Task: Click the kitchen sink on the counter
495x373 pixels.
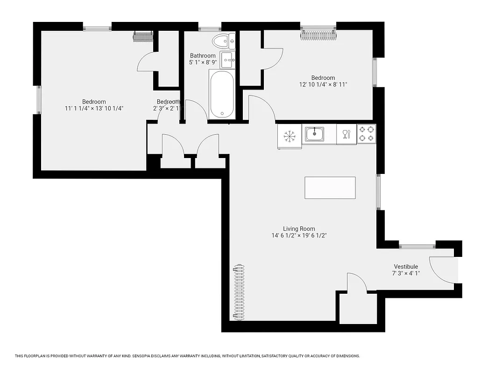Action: [x=315, y=134]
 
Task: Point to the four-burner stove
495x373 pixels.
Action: [x=367, y=134]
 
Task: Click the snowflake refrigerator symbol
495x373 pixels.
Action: [x=290, y=136]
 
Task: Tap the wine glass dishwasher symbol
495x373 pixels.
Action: [x=346, y=134]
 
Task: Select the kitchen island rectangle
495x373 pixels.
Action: [x=330, y=188]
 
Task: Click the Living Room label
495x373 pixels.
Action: [x=299, y=228]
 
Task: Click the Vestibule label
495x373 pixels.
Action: [x=405, y=267]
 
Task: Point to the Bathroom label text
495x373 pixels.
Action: [x=203, y=55]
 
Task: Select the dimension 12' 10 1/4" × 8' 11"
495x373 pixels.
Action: [x=323, y=85]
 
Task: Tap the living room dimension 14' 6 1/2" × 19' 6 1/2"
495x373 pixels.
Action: [x=299, y=236]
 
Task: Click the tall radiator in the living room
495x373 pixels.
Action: [x=238, y=292]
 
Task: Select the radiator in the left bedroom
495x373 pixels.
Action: [x=143, y=36]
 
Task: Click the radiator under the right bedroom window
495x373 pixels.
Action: [x=318, y=35]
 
